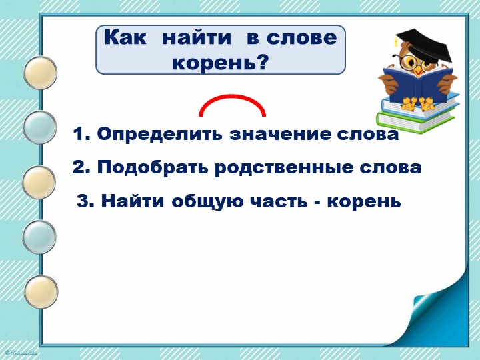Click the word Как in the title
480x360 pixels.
coord(125,37)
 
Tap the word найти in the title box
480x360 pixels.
coord(197,37)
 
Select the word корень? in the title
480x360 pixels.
coord(221,63)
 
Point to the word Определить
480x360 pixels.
coord(159,134)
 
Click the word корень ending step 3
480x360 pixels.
coord(364,202)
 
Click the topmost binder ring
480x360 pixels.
coord(41,73)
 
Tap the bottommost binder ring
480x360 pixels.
coord(41,292)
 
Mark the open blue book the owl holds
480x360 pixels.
coord(418,84)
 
